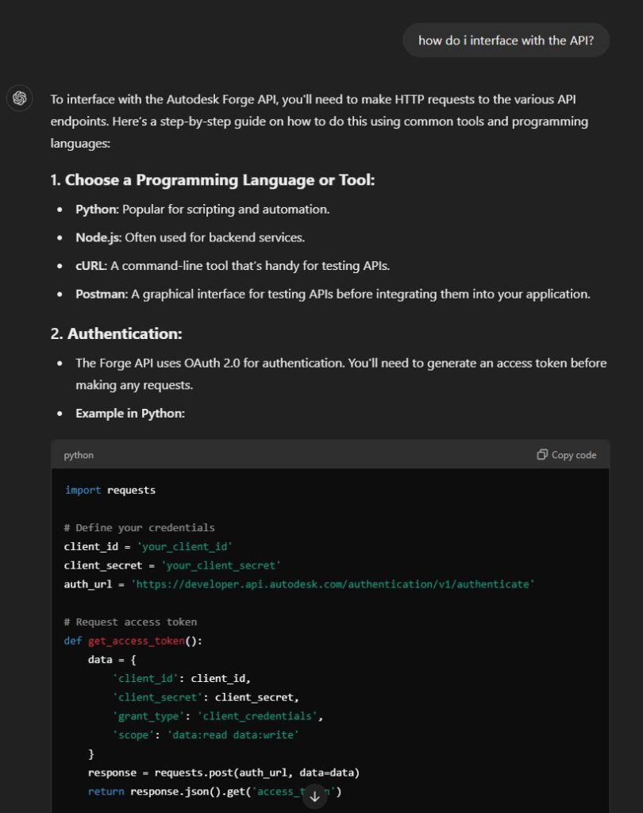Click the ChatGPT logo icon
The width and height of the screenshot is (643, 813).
20,98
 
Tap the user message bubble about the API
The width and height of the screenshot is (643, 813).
506,40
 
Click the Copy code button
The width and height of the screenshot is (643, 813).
567,455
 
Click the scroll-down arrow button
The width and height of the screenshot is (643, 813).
314,796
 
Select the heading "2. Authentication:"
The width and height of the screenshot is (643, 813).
117,333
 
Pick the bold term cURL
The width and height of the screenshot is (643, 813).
91,265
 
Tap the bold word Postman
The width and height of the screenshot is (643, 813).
101,294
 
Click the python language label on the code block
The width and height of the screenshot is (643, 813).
79,455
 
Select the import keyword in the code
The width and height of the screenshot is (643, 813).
83,490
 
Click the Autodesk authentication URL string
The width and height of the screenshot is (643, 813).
333,584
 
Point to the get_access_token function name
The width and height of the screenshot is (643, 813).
136,640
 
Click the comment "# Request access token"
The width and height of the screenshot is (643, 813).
130,622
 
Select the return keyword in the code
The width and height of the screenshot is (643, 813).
106,792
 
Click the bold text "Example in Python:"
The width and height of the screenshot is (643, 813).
130,413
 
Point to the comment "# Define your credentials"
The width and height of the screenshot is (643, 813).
139,527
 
